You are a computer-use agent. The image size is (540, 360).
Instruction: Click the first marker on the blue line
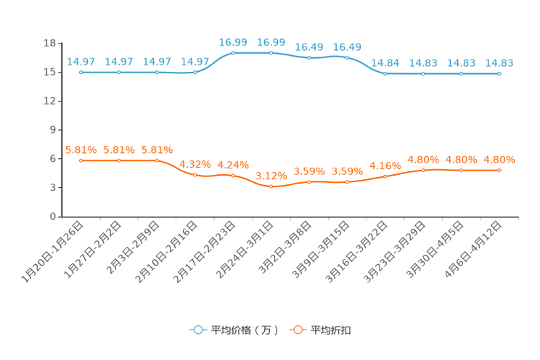point(81,73)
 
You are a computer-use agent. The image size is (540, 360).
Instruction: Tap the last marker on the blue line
point(499,73)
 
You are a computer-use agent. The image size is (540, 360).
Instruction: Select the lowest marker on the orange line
point(271,187)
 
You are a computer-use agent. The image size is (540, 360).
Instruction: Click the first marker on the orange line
point(81,160)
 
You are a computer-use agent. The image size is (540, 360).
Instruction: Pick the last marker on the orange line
point(499,170)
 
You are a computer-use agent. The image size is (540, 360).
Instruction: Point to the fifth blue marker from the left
point(233,53)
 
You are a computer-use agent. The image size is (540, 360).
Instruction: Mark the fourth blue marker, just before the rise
point(195,73)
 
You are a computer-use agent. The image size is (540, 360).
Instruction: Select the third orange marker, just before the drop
point(157,160)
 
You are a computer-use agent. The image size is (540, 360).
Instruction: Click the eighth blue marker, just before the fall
point(347,57)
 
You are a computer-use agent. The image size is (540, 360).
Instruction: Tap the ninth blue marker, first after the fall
point(385,73)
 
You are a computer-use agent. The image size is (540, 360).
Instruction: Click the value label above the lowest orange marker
point(271,175)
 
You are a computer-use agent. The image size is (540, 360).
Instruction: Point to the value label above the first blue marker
point(81,62)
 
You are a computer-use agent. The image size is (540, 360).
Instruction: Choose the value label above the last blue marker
point(499,62)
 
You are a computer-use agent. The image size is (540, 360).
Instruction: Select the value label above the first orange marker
point(81,150)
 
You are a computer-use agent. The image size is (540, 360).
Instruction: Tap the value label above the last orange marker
point(499,159)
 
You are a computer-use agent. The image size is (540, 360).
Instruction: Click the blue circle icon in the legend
point(198,330)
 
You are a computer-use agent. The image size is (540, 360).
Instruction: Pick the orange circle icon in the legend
point(298,330)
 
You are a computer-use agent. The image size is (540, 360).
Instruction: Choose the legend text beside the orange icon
point(332,330)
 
